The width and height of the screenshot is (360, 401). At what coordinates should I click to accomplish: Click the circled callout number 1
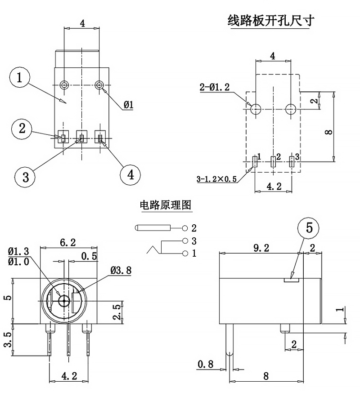[x=19, y=78]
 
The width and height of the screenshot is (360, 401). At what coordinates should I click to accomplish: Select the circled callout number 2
[x=22, y=129]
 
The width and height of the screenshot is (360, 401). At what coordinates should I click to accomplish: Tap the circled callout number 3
[x=26, y=176]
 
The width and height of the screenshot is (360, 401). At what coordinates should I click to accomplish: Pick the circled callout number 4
[x=131, y=174]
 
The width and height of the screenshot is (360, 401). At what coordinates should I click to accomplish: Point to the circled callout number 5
[x=309, y=228]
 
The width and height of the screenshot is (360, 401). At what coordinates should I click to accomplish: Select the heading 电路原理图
[x=166, y=205]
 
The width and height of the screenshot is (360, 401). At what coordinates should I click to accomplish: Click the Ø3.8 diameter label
[x=121, y=270]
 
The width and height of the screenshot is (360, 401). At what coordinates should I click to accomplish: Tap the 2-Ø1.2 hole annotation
[x=214, y=88]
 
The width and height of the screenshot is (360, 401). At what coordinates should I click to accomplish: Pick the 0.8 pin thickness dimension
[x=205, y=364]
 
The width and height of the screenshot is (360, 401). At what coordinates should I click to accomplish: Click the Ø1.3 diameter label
[x=18, y=251]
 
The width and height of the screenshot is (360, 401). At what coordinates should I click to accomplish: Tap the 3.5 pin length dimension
[x=7, y=340]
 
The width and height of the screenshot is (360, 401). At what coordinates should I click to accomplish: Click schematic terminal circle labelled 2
[x=185, y=228]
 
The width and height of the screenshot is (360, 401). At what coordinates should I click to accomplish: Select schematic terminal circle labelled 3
[x=185, y=241]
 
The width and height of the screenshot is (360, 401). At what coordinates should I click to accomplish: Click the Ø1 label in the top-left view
[x=129, y=105]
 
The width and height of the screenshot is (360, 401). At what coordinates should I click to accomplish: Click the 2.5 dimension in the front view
[x=117, y=312]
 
